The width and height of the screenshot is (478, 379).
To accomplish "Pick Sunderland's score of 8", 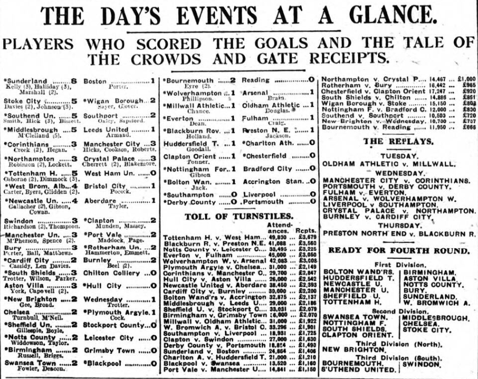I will pos(74,81).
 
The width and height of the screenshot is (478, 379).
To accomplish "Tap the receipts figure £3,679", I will pos(307,238).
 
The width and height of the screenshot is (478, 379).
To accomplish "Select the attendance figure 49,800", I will pos(278,238).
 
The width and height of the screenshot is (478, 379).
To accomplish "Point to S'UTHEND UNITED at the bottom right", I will pos(358,370).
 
